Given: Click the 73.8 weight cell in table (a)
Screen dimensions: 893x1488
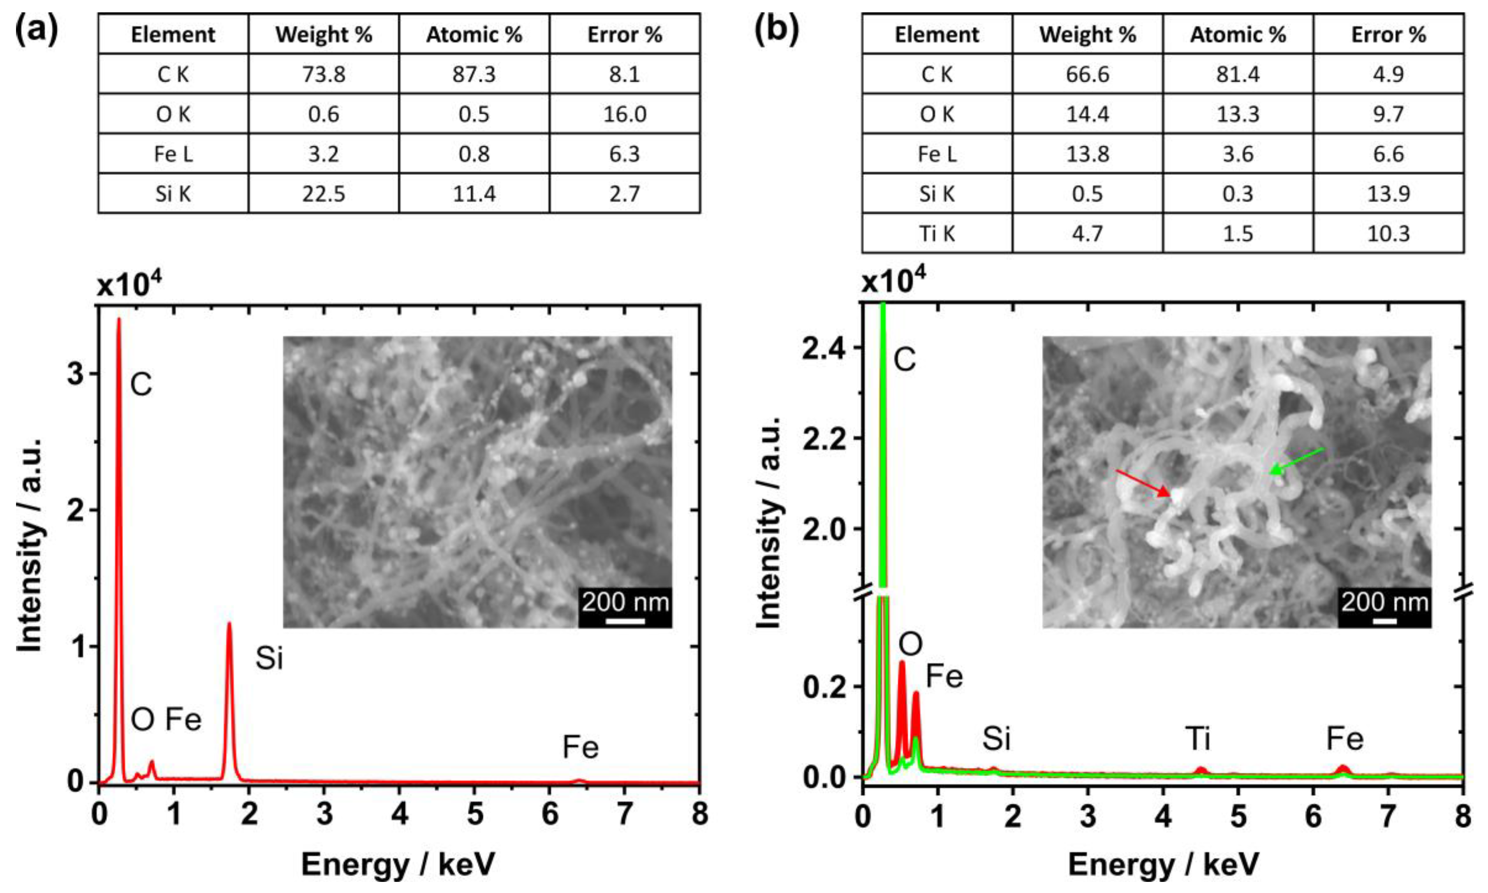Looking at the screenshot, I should [324, 74].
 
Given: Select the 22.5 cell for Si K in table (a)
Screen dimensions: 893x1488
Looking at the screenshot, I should [324, 194].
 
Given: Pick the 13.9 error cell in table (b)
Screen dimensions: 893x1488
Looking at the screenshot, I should [1388, 194].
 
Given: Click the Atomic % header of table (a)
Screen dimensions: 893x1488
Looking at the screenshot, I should [474, 34].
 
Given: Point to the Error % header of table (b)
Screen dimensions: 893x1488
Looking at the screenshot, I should [1388, 34].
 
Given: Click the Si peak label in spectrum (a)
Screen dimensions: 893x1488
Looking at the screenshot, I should [269, 658].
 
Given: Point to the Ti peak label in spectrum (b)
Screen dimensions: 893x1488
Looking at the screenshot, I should [1197, 738].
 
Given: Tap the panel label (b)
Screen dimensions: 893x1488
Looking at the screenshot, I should [776, 29].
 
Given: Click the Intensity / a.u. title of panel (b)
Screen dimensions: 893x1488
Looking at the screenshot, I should [768, 522].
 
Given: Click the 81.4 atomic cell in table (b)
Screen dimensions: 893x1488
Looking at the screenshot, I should [1238, 74].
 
